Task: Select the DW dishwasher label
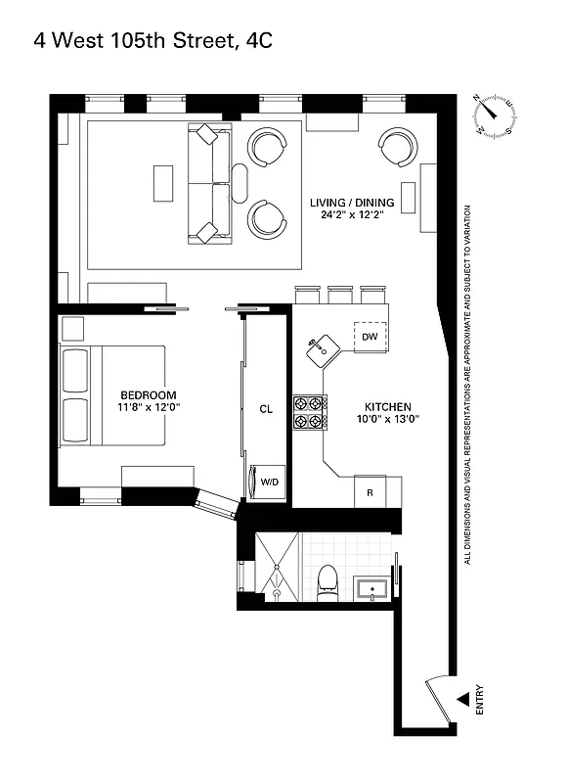tap(369, 337)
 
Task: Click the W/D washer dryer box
tap(267, 481)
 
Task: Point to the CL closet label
tap(265, 408)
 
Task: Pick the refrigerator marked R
tap(370, 491)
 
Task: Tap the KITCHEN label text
tap(387, 406)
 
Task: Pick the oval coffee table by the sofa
tap(240, 182)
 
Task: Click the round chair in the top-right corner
tap(398, 148)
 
